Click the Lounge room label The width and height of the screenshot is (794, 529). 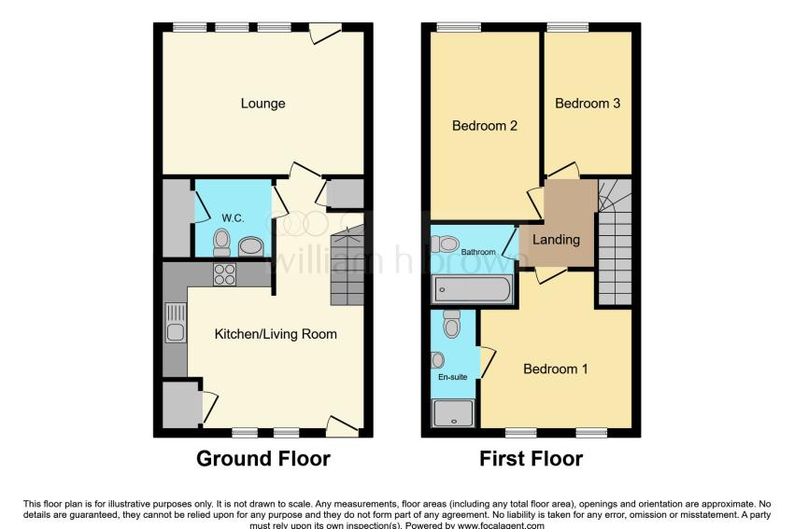(x=262, y=104)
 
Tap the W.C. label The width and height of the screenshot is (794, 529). (x=233, y=218)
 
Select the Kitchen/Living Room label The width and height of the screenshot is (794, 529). (x=276, y=334)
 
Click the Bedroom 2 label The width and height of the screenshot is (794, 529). (x=485, y=125)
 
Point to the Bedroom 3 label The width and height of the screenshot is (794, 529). (x=588, y=104)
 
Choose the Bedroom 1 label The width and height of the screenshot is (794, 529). (x=556, y=369)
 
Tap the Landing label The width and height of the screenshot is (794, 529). (x=556, y=239)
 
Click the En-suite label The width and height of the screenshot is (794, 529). (x=453, y=377)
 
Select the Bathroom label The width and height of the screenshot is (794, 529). (x=478, y=252)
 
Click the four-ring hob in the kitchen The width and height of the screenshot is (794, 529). (x=224, y=274)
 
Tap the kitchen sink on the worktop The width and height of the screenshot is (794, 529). (x=175, y=322)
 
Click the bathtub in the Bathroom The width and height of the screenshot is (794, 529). (x=472, y=290)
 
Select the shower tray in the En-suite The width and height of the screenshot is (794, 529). (x=453, y=413)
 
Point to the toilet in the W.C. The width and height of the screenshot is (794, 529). (x=221, y=243)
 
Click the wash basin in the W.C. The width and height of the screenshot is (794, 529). (x=250, y=247)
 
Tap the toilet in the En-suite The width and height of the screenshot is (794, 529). (x=452, y=324)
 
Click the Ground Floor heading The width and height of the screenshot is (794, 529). (x=263, y=459)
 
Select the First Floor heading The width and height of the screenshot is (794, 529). (x=532, y=459)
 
